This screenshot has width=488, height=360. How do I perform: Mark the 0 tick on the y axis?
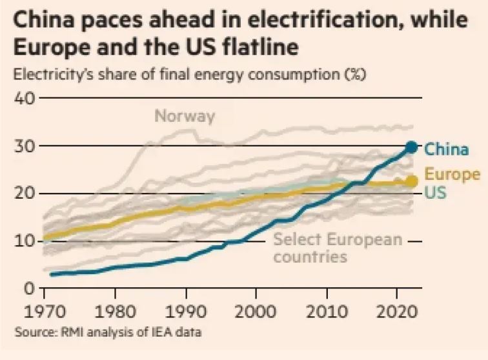tap(28, 288)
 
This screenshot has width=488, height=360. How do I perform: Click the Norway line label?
tap(185, 117)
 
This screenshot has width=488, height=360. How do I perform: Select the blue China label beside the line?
tap(446, 150)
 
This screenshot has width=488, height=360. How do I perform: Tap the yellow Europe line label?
tap(452, 174)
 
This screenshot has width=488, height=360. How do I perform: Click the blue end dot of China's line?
tap(411, 148)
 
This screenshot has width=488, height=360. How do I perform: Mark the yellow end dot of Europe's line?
tap(411, 182)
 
